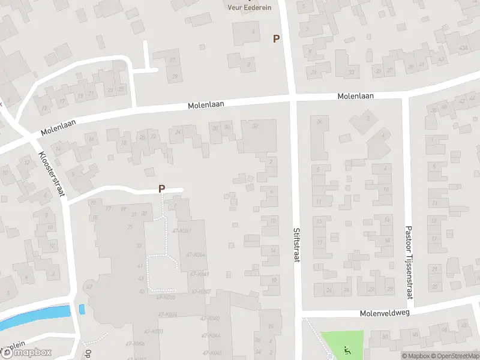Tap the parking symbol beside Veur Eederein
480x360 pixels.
pyautogui.click(x=276, y=38)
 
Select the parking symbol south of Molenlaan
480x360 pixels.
pyautogui.click(x=161, y=188)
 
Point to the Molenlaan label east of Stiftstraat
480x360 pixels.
pyautogui.click(x=355, y=96)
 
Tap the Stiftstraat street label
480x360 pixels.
pyautogui.click(x=296, y=245)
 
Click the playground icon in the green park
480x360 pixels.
pyautogui.click(x=346, y=349)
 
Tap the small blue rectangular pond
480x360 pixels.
pyautogui.click(x=82, y=310)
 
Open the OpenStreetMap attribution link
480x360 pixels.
pyautogui.click(x=454, y=356)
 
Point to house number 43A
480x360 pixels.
pyautogui.click(x=463, y=47)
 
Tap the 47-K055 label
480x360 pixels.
pyautogui.click(x=166, y=297)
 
